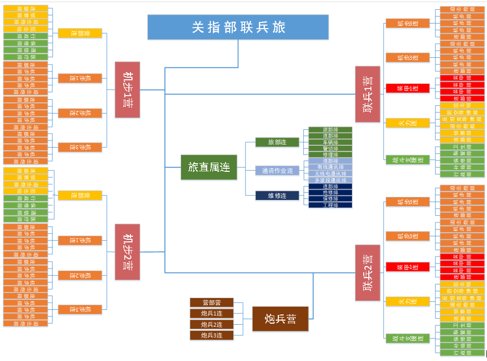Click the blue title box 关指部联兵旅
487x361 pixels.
coord(238,27)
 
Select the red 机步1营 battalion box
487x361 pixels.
coord(127,89)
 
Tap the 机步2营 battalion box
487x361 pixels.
coord(127,252)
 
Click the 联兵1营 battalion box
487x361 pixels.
coord(368,94)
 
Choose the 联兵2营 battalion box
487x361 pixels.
coord(368,273)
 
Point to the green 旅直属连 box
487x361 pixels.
coord(209,167)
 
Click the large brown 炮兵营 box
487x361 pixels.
coord(280,319)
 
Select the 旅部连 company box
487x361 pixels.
coord(277,142)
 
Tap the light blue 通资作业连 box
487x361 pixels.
coord(277,171)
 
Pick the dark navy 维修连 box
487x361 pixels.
coord(277,195)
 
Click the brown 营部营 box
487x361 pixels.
coord(212,303)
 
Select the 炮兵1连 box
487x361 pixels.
coord(212,313)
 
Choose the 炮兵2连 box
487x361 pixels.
coord(212,325)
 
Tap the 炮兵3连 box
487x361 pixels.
coord(212,335)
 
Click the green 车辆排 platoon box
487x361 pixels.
coord(330,142)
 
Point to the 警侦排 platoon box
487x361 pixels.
coord(330,148)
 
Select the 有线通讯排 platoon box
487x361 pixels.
coord(330,167)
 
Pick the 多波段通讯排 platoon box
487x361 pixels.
coord(330,180)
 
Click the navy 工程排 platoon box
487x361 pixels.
coord(330,205)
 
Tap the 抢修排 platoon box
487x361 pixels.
coord(330,193)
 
